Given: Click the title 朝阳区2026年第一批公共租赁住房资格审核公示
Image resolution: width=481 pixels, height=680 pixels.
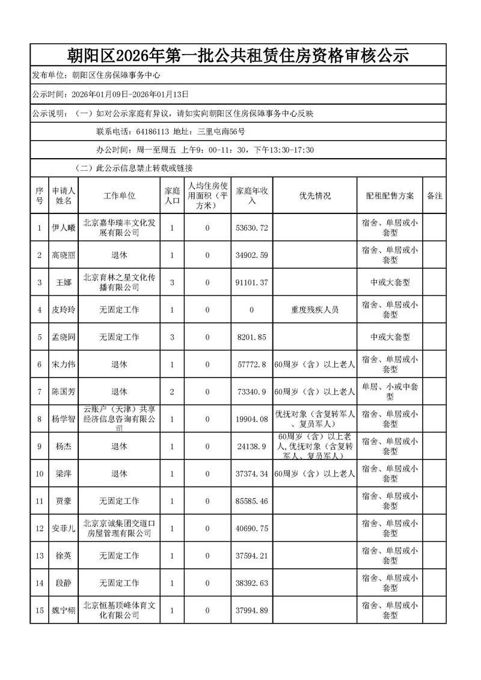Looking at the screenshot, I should (238, 56).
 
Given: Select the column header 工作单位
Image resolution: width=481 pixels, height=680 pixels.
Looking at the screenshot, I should (119, 196).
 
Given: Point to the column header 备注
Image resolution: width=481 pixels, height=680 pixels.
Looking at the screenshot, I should (434, 196).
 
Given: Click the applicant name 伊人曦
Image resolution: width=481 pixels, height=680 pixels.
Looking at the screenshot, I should (64, 228).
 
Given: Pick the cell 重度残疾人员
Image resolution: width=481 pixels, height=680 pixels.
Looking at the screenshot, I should (314, 310).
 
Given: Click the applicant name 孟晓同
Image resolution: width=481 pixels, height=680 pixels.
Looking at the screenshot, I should (64, 337).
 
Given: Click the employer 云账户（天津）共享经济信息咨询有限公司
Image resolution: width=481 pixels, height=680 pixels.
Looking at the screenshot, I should (119, 419).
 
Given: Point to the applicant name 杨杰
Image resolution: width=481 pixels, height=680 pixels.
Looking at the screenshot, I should (64, 447).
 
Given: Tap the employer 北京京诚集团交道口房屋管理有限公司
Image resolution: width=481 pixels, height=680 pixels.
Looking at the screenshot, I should (119, 528).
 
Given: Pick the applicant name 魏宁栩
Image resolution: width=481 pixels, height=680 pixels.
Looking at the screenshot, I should (64, 611).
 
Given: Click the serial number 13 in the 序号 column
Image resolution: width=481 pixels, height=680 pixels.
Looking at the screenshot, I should (40, 556).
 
